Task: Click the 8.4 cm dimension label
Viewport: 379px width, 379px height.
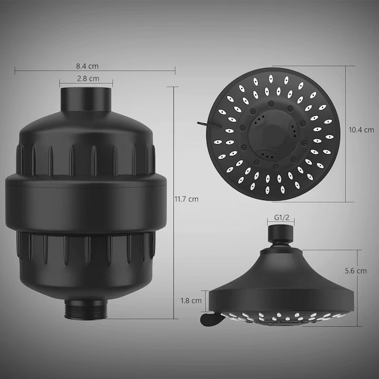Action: (87, 66)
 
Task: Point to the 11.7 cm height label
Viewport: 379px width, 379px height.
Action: (186, 199)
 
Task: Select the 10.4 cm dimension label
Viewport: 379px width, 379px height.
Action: (361, 129)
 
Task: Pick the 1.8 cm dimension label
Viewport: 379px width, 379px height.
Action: (191, 301)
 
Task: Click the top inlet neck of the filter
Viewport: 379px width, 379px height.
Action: (87, 100)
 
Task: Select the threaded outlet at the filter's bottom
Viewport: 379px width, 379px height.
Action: (86, 308)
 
